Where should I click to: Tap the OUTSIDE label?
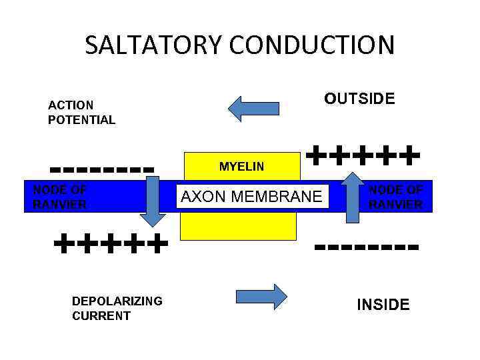click(x=359, y=99)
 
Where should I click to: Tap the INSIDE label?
click(x=383, y=305)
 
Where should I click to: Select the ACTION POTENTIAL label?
click(x=81, y=113)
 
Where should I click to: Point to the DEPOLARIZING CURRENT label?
click(x=117, y=308)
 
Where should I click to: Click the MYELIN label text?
click(x=241, y=167)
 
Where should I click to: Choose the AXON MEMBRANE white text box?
click(x=252, y=196)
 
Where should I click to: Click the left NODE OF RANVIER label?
click(x=60, y=197)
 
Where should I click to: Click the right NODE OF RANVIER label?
click(x=396, y=197)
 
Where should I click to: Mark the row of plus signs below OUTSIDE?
click(x=363, y=157)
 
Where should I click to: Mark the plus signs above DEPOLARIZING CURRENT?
click(x=110, y=244)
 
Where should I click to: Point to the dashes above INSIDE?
click(x=367, y=248)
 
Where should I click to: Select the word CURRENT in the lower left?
click(x=101, y=316)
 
